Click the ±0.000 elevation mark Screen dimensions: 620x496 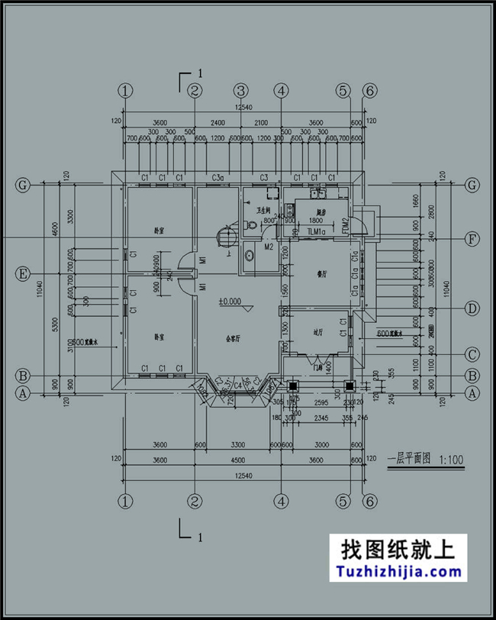230,302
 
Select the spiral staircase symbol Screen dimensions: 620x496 224,235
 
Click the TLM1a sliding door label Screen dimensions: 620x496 316,231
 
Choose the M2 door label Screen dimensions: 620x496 268,247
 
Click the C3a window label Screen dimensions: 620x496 217,178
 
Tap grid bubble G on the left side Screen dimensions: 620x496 24,185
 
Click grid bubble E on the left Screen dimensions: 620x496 24,273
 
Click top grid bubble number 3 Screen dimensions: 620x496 240,91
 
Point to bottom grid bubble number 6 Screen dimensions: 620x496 370,502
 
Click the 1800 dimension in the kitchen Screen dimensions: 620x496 316,220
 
